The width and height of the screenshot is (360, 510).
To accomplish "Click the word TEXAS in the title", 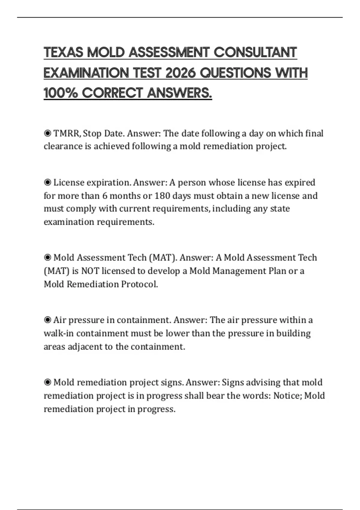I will click(x=64, y=52).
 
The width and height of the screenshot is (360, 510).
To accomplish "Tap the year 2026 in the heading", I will click(x=180, y=73).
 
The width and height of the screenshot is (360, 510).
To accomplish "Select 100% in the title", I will click(x=61, y=93).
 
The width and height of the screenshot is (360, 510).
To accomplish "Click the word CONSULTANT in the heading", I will click(x=255, y=52).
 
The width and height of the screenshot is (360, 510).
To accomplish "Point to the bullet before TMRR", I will click(x=47, y=133).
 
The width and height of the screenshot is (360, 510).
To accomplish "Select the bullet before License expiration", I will click(x=47, y=182).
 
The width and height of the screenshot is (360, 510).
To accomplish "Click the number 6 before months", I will click(x=105, y=196).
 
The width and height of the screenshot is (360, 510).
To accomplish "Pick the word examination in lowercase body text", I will click(x=69, y=222).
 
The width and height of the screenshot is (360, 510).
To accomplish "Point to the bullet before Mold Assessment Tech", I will click(x=47, y=258).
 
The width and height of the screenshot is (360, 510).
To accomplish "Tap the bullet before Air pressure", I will click(x=47, y=320).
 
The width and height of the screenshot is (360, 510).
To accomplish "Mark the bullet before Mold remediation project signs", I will click(x=47, y=382).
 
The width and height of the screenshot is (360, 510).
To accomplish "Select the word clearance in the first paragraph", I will click(x=63, y=146).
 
